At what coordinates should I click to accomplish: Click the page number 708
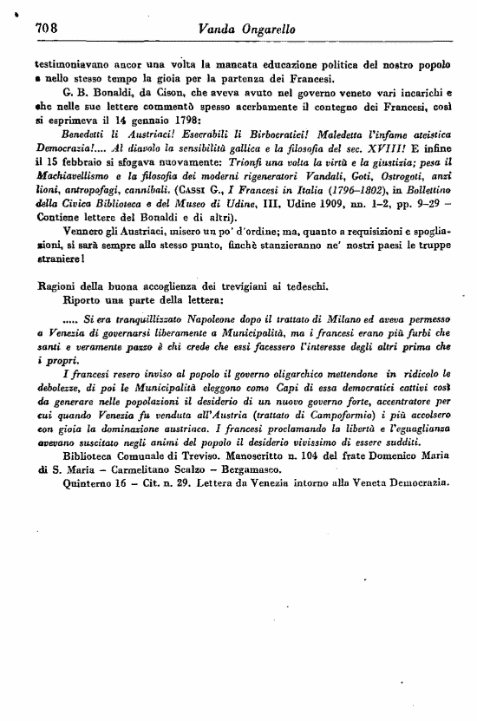(45, 29)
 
